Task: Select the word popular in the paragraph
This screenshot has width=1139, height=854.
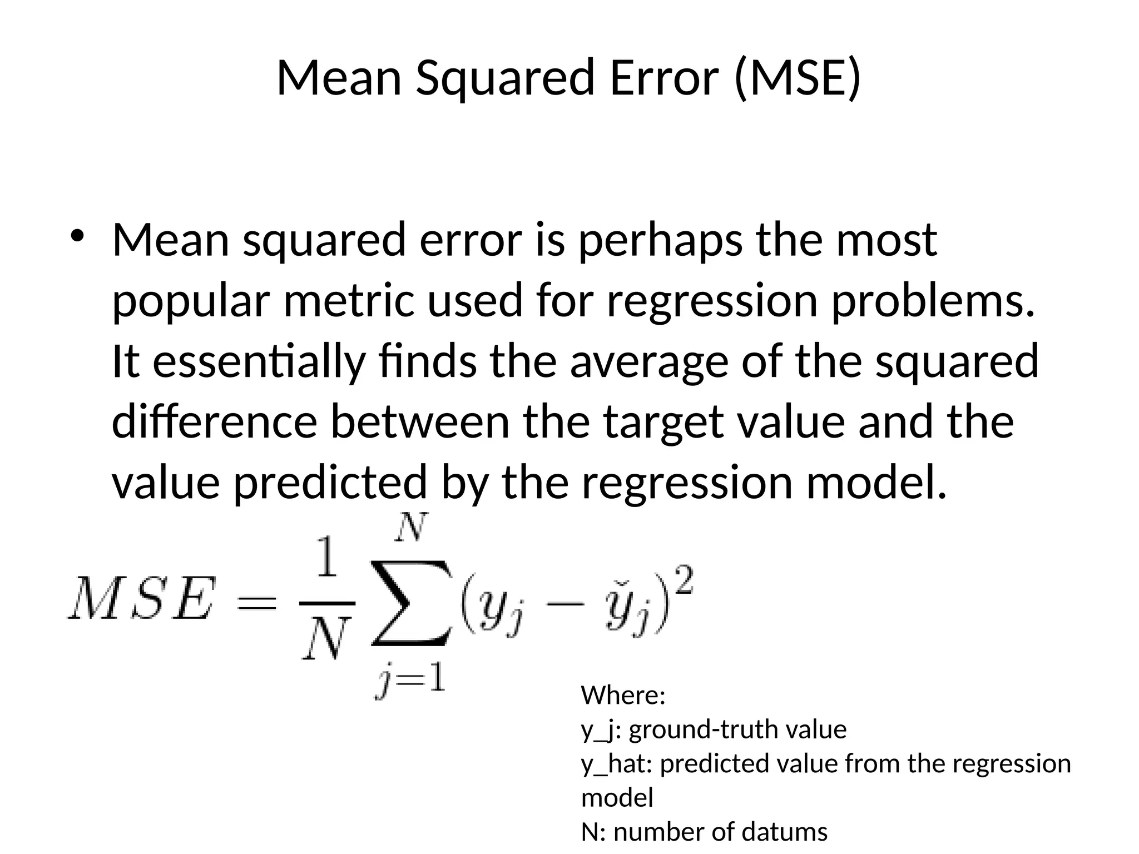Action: [191, 301]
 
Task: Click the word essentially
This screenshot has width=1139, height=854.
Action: [259, 361]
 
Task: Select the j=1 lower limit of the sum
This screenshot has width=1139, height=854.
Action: [410, 679]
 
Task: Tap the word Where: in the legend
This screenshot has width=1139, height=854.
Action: [623, 696]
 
